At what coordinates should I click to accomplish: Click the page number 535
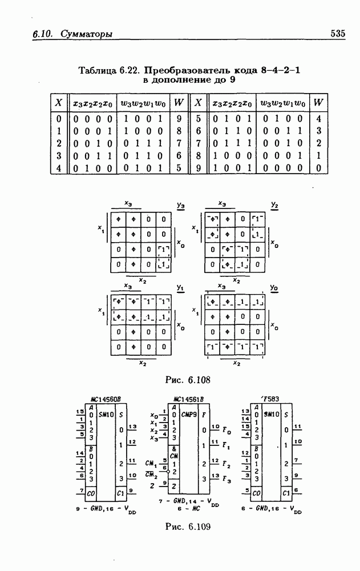[337, 34]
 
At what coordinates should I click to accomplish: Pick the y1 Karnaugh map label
[180, 288]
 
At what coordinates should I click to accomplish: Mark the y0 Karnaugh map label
[274, 288]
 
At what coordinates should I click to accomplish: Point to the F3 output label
[227, 477]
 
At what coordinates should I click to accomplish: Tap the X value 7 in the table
[197, 143]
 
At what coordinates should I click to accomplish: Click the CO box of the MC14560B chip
[91, 492]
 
